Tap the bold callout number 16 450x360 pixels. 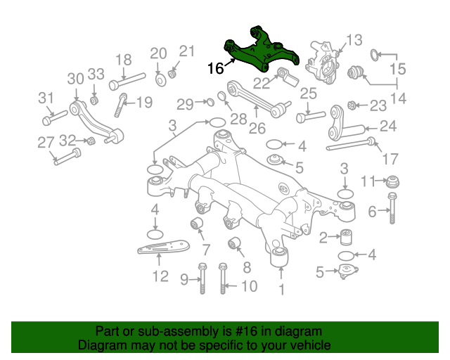coord(215,68)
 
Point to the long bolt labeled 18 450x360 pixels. coord(127,81)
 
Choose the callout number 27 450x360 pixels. coord(46,143)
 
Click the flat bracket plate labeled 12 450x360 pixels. coord(163,249)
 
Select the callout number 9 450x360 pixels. coord(184,280)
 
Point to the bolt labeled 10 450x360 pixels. coord(224,280)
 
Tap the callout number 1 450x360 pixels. coord(282,289)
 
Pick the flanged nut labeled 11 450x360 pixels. coord(393,181)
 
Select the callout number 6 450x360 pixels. coord(373,210)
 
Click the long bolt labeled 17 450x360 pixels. coord(351,147)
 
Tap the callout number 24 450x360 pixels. coord(387,127)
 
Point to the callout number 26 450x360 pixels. coord(257,128)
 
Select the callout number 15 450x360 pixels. coord(398,69)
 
